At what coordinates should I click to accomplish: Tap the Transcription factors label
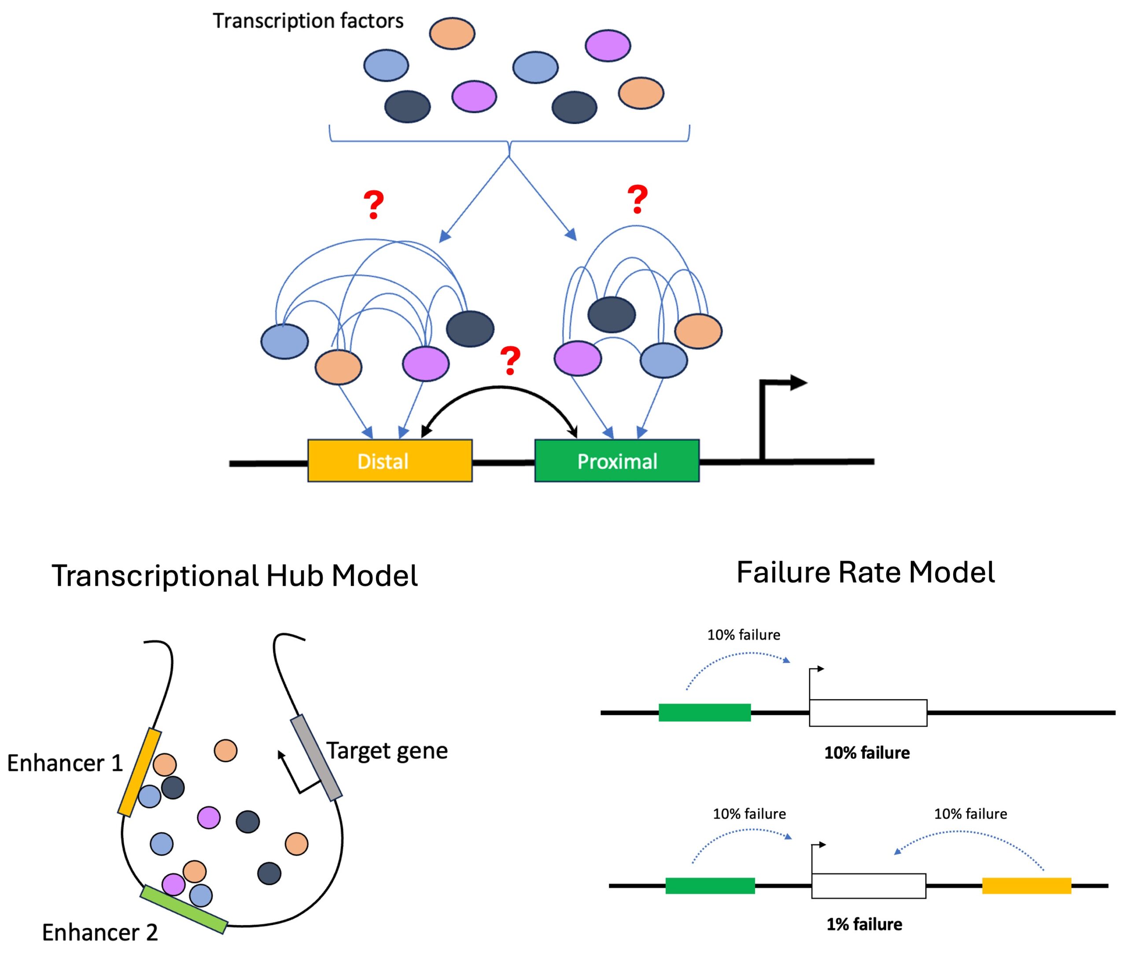[308, 21]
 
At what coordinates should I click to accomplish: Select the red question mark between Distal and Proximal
[510, 361]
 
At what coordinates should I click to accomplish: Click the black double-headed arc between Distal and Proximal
[498, 388]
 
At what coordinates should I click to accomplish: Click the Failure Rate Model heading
[865, 572]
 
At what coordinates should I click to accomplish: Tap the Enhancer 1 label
[65, 763]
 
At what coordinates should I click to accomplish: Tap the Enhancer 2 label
[100, 932]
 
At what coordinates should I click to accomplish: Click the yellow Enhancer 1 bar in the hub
[139, 772]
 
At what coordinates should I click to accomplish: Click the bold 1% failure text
[864, 924]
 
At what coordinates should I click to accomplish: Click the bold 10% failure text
[867, 753]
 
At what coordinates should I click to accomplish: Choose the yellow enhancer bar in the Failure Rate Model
[1026, 886]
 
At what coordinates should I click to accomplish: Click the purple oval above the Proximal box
[577, 358]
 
